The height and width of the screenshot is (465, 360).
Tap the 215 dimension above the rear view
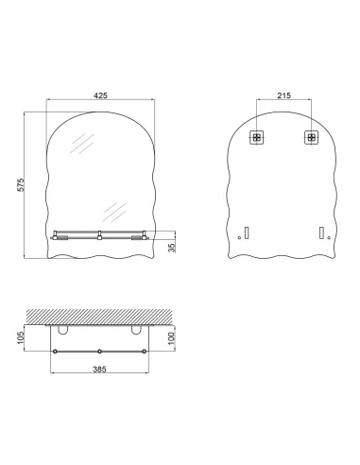283,95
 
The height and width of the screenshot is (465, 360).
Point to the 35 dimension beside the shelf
170,246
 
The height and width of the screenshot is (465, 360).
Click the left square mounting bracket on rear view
256,137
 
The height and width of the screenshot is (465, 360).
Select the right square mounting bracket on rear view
310,137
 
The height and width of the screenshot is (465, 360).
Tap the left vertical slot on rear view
247,232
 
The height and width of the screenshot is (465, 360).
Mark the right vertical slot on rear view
320,232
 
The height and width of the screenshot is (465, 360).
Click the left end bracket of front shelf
60,236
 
